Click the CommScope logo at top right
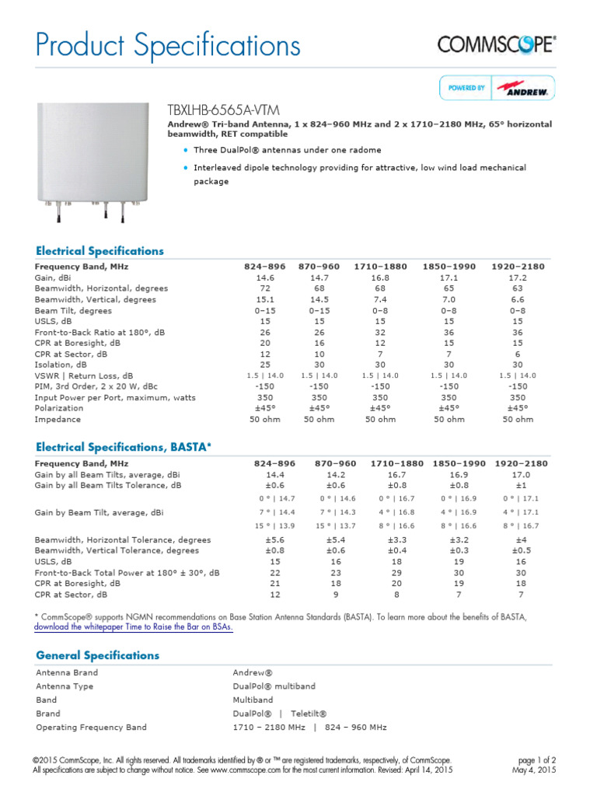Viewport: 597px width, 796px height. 497,44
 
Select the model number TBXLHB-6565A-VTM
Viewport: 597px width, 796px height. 224,110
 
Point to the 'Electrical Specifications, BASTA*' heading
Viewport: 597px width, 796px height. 123,447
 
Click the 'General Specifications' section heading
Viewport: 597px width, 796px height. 97,655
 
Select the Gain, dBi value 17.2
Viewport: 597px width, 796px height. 518,278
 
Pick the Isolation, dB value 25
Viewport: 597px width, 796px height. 264,365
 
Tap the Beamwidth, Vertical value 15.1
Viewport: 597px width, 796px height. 264,299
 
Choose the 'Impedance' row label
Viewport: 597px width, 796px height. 58,419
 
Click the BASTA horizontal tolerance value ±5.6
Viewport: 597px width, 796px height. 264,539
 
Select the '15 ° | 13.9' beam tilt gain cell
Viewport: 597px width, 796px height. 264,527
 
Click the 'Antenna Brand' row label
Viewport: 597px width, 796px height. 67,672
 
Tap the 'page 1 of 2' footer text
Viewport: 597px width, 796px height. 536,759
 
